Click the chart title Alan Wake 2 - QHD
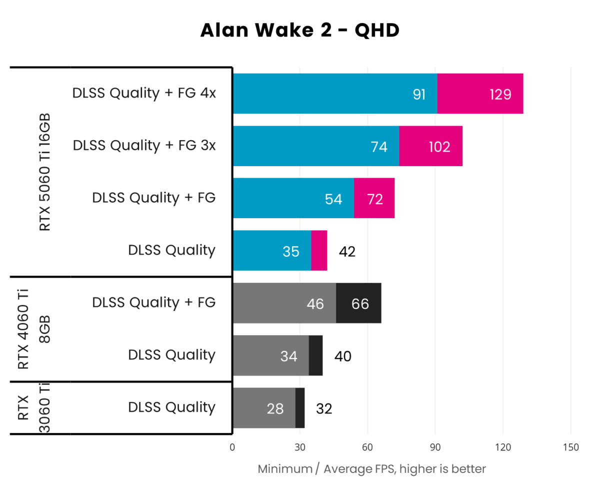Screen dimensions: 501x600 299,31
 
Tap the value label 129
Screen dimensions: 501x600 500,94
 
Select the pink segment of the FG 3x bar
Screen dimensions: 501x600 430,146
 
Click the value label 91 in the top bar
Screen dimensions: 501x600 419,94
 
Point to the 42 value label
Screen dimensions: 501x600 347,251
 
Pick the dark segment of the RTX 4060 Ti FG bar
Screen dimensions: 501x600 358,303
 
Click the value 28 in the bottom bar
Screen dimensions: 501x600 275,409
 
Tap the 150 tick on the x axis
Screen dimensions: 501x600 570,447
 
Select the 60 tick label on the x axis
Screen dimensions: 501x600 367,447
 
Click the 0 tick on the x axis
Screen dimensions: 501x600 232,447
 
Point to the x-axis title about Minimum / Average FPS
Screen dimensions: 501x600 371,469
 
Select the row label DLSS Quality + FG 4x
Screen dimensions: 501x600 144,94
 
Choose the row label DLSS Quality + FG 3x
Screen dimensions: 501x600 144,146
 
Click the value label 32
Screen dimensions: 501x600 324,409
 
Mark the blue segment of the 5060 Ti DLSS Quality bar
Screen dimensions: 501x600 271,251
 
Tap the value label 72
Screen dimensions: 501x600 374,199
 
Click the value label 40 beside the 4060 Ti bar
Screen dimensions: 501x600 343,356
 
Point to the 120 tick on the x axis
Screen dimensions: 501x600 503,447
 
